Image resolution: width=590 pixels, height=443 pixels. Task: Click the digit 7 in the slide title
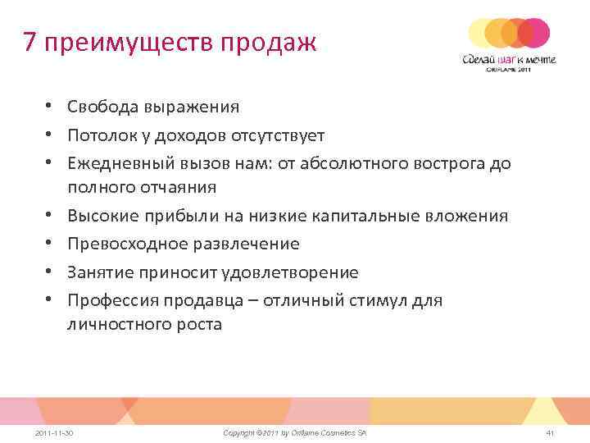pyautogui.click(x=31, y=42)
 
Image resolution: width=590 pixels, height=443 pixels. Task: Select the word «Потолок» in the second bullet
pyautogui.click(x=100, y=135)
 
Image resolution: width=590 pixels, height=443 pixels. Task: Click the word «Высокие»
pyautogui.click(x=100, y=216)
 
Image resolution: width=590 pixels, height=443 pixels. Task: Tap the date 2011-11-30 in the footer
pyautogui.click(x=56, y=432)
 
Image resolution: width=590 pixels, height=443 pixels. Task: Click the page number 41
pyautogui.click(x=550, y=432)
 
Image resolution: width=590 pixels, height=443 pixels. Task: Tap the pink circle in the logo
pyautogui.click(x=535, y=32)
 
